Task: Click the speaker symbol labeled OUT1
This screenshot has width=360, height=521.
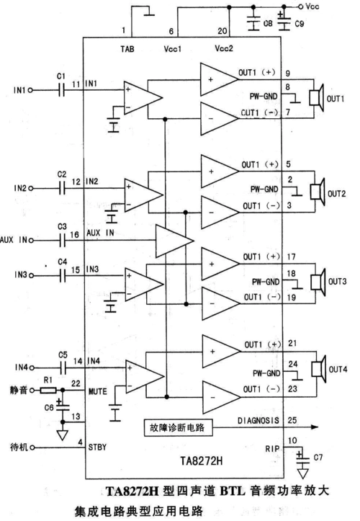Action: pyautogui.click(x=315, y=98)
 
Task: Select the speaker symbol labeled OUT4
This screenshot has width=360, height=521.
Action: pyautogui.click(x=315, y=370)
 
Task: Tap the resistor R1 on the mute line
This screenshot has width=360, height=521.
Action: pyautogui.click(x=49, y=390)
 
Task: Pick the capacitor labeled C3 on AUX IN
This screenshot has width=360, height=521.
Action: pyautogui.click(x=62, y=239)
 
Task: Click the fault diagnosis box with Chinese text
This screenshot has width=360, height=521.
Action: pyautogui.click(x=175, y=427)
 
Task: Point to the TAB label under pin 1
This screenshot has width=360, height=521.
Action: pyautogui.click(x=127, y=48)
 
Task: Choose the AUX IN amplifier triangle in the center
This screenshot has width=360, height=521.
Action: pyautogui.click(x=173, y=239)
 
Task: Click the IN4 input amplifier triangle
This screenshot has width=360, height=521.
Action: pyautogui.click(x=144, y=378)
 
